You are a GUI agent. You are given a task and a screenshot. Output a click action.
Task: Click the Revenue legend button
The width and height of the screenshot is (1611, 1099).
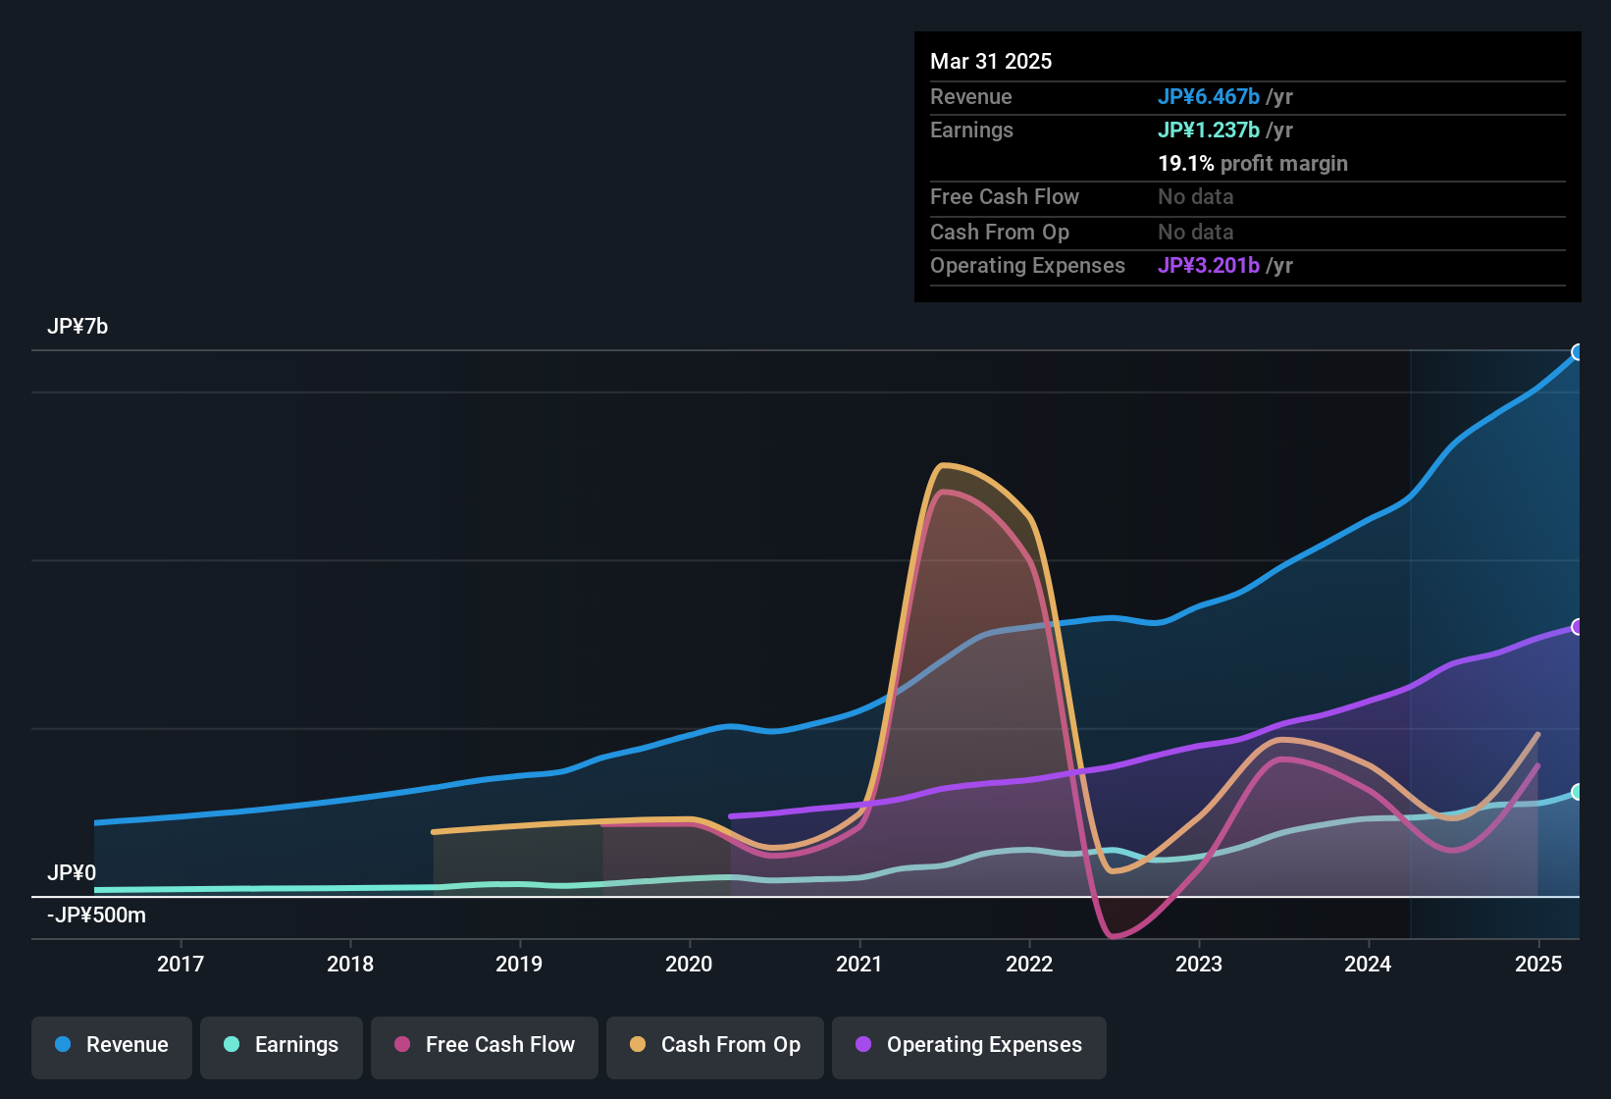pyautogui.click(x=112, y=1045)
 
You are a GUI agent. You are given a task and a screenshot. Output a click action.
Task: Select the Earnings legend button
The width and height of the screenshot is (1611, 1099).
pyautogui.click(x=282, y=1045)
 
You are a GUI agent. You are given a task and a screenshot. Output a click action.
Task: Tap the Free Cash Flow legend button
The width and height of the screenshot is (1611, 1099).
pyautogui.click(x=485, y=1045)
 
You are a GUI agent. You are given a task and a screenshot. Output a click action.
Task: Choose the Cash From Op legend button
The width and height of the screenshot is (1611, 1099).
pyautogui.click(x=715, y=1045)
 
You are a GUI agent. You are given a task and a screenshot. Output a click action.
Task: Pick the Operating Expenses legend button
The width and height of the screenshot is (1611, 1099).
pyautogui.click(x=969, y=1045)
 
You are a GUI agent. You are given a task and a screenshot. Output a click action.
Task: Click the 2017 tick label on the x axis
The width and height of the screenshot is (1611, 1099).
pyautogui.click(x=181, y=964)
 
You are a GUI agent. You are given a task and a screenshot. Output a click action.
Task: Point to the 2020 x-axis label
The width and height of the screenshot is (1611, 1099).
pyautogui.click(x=689, y=964)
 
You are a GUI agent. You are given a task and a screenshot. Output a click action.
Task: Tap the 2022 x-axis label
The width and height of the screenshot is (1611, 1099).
pyautogui.click(x=1029, y=964)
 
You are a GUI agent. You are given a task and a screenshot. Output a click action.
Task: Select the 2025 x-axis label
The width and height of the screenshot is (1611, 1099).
pyautogui.click(x=1538, y=964)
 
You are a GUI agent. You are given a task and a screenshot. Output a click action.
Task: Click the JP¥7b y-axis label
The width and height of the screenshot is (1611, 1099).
pyautogui.click(x=78, y=327)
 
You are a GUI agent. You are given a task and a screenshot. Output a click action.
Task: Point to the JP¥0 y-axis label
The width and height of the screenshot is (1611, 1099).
pyautogui.click(x=72, y=872)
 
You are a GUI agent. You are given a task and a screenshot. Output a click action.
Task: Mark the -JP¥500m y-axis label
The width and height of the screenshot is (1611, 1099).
pyautogui.click(x=96, y=916)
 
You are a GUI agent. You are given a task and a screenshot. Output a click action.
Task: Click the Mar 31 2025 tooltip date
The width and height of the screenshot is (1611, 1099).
pyautogui.click(x=991, y=61)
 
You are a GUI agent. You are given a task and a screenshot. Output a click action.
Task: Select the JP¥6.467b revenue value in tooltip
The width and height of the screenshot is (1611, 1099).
pyautogui.click(x=1209, y=96)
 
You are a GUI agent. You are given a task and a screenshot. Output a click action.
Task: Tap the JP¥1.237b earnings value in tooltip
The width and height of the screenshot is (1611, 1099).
pyautogui.click(x=1209, y=130)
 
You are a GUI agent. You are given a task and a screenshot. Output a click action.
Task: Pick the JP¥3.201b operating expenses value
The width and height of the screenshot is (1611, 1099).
pyautogui.click(x=1209, y=265)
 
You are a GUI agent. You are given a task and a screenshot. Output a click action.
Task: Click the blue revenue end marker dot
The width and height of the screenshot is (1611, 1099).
pyautogui.click(x=1578, y=352)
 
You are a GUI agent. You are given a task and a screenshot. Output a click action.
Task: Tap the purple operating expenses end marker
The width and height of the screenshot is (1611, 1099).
pyautogui.click(x=1578, y=627)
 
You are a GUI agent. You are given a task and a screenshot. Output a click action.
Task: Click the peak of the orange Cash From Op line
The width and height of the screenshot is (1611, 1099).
pyautogui.click(x=943, y=464)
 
